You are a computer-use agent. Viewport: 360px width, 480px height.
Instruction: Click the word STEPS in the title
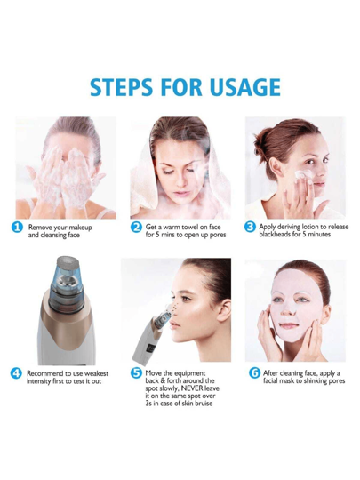[x=121, y=87]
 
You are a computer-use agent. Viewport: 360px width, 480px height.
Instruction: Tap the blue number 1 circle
[x=17, y=228]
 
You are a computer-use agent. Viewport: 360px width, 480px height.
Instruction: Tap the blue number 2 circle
[x=136, y=228]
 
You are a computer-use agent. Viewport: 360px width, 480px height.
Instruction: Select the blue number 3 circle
[x=250, y=227]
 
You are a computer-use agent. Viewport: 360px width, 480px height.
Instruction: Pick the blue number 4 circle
[x=16, y=373]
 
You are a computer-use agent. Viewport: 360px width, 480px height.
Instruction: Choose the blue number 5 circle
[x=136, y=373]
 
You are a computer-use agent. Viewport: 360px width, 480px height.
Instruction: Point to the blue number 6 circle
[x=254, y=372]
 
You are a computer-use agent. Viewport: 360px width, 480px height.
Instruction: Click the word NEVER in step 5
[x=192, y=388]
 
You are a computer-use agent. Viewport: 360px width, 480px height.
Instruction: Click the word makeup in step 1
[x=80, y=228]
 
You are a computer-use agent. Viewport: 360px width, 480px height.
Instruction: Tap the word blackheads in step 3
[x=275, y=235]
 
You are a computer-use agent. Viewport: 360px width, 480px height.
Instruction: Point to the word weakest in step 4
[x=96, y=373]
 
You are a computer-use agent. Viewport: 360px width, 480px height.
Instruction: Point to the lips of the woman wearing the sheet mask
[x=289, y=326]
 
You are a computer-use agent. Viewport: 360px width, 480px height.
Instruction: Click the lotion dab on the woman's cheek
[x=301, y=174]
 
